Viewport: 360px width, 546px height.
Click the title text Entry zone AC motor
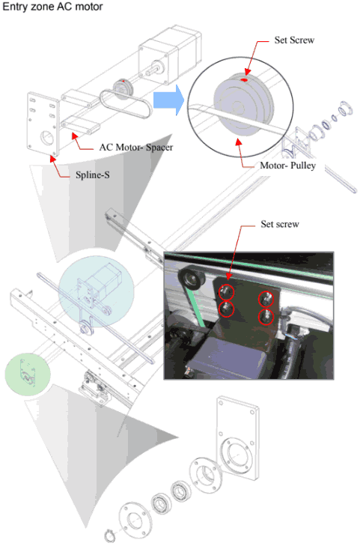point(53,7)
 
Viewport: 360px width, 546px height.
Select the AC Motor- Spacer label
point(136,147)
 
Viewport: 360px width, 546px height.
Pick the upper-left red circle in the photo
point(226,290)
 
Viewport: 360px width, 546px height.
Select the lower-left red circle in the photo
point(226,309)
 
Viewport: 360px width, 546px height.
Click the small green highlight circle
point(26,374)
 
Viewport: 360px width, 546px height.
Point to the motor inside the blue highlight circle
point(96,289)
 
